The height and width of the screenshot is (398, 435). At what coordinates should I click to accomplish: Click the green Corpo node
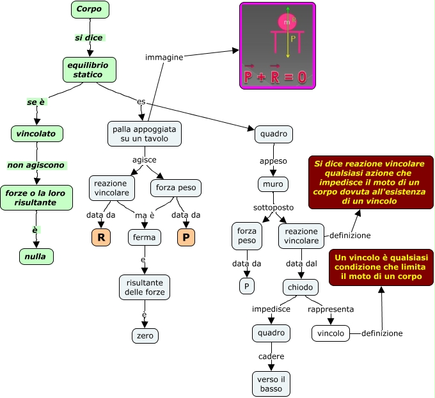click(90, 10)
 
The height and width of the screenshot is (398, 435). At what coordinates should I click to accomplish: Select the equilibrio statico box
click(89, 70)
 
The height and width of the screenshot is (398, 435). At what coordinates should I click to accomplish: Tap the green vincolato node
click(37, 134)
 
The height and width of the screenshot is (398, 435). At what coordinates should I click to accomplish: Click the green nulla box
click(36, 257)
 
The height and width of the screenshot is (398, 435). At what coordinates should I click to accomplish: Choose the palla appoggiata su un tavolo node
click(145, 134)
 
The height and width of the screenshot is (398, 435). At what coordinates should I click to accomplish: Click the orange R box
click(101, 237)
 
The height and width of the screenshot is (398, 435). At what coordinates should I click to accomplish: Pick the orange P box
click(186, 237)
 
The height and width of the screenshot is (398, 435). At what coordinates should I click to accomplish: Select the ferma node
click(144, 237)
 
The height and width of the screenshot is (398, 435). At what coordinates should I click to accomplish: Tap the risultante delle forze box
click(145, 287)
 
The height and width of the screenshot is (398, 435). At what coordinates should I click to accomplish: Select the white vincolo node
click(331, 333)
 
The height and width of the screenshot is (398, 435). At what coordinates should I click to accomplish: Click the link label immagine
click(164, 57)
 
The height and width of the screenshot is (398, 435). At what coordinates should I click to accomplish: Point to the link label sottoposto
click(274, 208)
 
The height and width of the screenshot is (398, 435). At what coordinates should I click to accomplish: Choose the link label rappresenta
click(331, 309)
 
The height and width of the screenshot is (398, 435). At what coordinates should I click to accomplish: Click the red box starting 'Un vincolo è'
click(381, 267)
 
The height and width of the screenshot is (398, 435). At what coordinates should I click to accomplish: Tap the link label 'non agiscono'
click(36, 165)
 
